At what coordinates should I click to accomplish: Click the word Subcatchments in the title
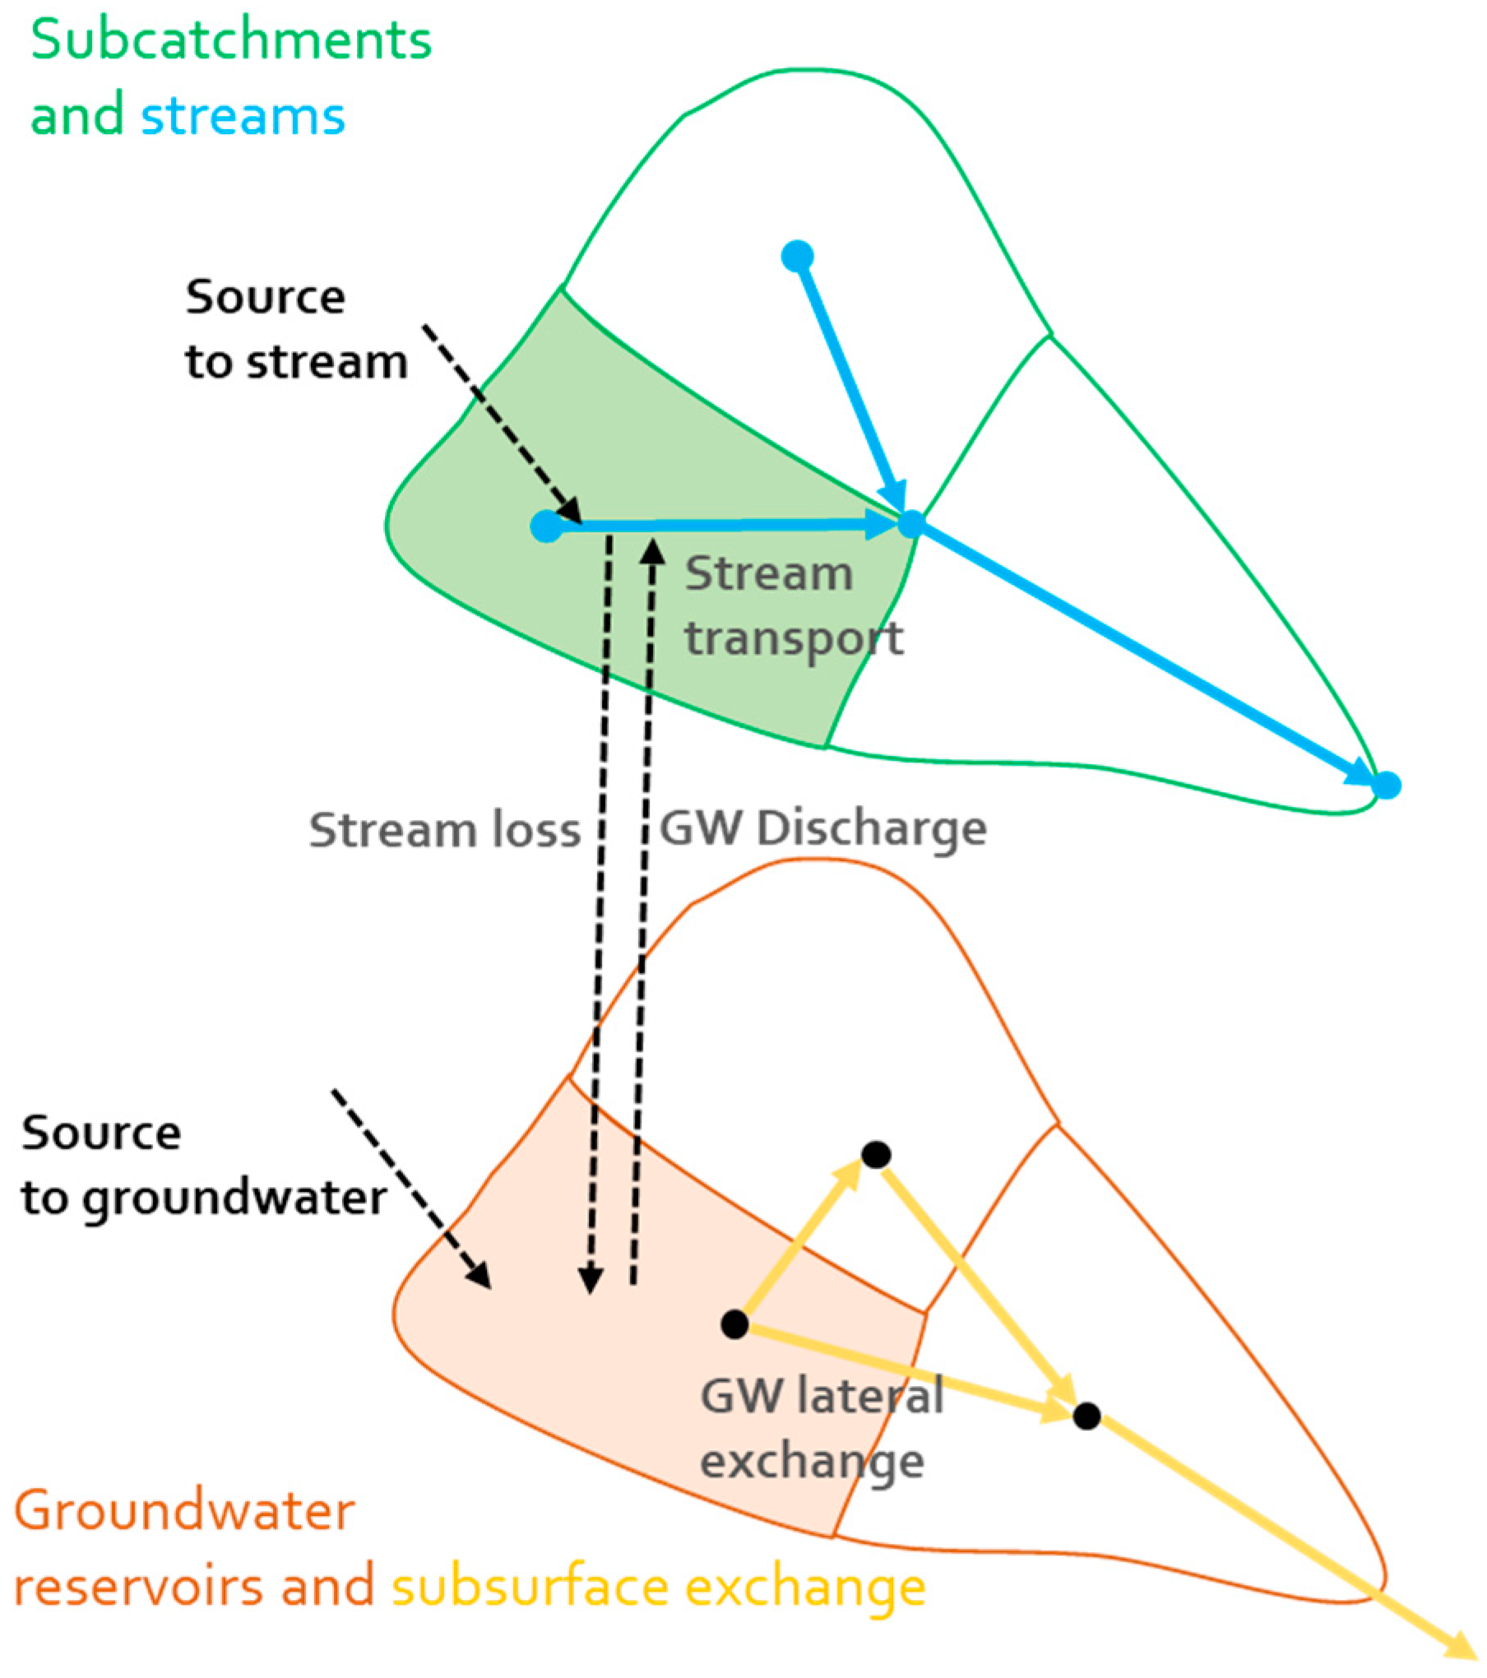(231, 40)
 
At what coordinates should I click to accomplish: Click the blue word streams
(243, 116)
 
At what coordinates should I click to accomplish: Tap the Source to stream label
(295, 329)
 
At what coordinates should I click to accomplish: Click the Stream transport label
(793, 606)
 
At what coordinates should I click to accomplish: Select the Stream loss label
(444, 830)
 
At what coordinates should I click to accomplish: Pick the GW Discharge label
(822, 828)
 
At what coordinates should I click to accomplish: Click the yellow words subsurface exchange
(658, 1587)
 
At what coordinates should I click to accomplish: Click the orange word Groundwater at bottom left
(184, 1511)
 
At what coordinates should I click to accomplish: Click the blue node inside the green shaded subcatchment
(547, 526)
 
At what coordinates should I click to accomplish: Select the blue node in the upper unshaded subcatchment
(797, 257)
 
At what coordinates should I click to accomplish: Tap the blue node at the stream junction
(910, 523)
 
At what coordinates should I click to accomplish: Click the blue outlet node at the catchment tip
(1387, 785)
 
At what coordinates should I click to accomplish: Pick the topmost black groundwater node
(876, 1155)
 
